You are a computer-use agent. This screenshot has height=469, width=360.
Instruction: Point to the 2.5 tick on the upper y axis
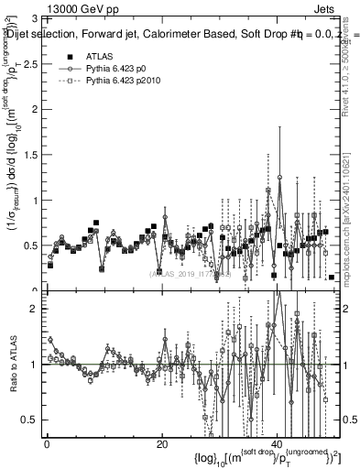coord(33,63)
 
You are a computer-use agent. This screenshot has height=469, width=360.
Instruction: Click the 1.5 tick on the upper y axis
coord(33,155)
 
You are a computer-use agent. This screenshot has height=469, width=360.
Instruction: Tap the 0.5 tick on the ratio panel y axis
coord(33,420)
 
